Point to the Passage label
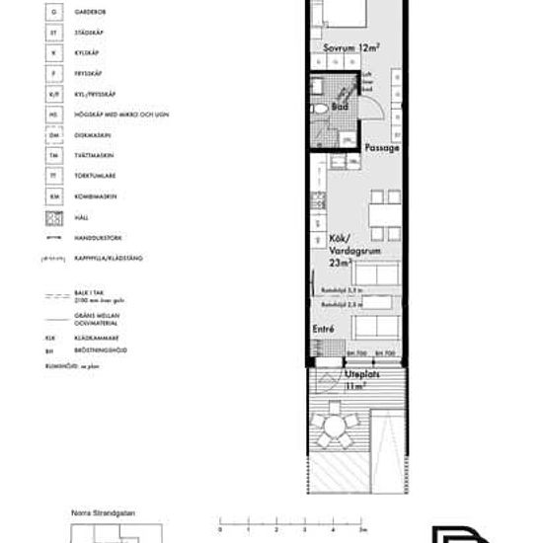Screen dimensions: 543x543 pos(382,148)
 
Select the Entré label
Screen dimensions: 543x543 pos(323,329)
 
